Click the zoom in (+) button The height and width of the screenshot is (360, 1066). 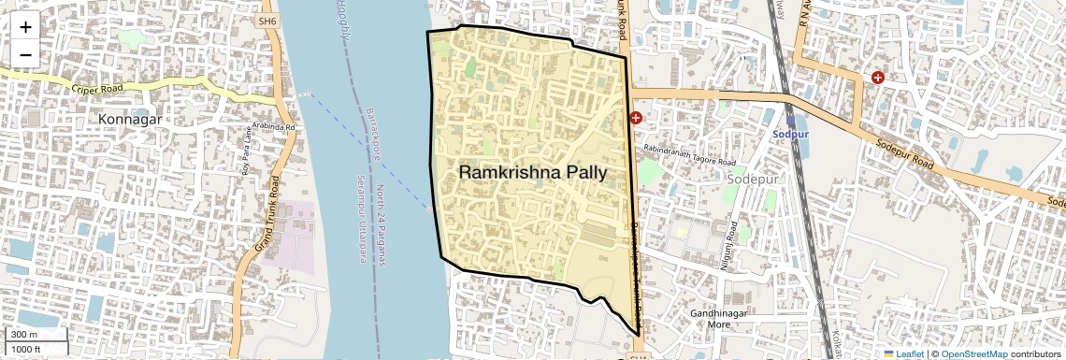point(25,27)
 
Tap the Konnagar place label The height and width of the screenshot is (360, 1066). point(130,120)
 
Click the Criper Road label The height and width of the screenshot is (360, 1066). point(97,91)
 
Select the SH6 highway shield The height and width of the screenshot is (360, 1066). point(267,20)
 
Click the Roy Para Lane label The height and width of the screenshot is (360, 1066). point(248,151)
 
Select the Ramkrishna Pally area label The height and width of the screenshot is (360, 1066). point(532,173)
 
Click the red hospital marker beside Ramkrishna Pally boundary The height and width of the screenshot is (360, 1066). point(636,118)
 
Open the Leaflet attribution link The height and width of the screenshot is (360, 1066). point(903,353)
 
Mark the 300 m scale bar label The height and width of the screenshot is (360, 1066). point(24,335)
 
